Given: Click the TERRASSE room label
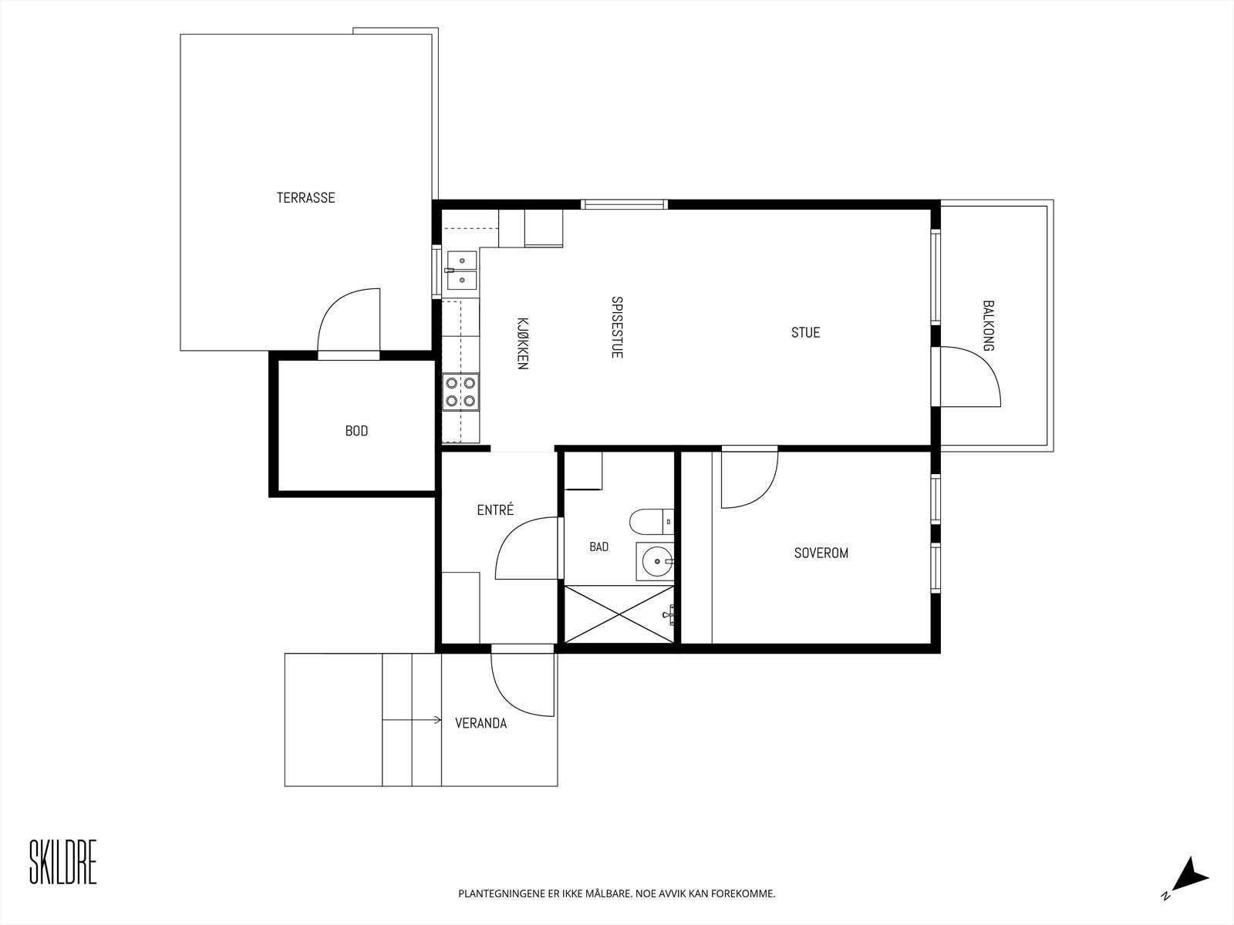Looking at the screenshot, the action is click(306, 197).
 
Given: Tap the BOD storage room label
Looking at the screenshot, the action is click(356, 431).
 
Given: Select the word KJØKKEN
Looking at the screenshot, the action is click(522, 343).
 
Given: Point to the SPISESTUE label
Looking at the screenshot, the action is click(617, 327).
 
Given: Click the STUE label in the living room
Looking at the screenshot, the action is click(806, 332).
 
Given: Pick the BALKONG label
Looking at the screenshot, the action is click(988, 326).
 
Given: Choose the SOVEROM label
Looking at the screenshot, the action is click(821, 553).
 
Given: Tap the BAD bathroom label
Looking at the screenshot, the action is click(598, 547).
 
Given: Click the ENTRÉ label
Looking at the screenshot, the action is click(495, 510).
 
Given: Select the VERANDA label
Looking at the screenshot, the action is click(480, 723).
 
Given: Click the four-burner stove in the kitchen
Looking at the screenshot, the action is click(460, 392).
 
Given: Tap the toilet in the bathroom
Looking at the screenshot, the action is click(652, 522).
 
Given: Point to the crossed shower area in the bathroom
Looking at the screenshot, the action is click(619, 614).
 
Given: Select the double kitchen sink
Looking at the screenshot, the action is click(461, 270).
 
